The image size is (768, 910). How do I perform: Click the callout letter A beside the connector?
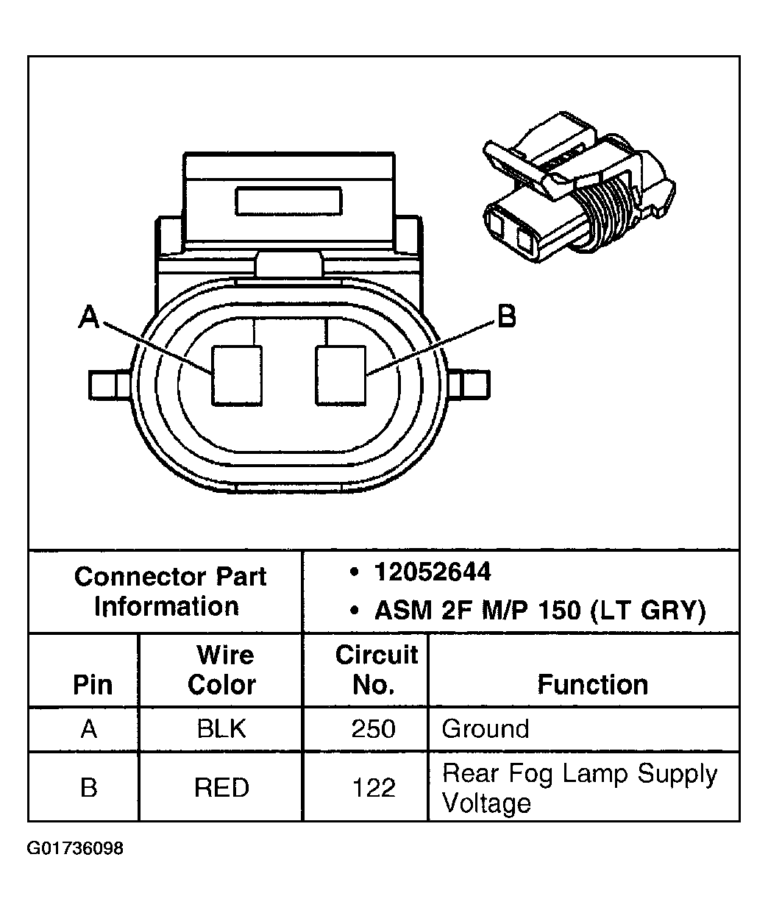[89, 317]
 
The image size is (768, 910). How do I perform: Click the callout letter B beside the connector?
[506, 317]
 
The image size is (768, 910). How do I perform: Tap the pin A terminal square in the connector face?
[236, 375]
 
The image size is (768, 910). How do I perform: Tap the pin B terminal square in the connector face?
[341, 375]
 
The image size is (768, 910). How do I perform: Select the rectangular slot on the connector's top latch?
[288, 201]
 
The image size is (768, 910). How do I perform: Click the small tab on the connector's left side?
[107, 384]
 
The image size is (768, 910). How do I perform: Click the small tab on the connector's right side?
[472, 384]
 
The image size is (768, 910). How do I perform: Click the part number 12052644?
[432, 572]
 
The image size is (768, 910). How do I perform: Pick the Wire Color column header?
[221, 669]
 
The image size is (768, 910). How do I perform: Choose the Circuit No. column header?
[375, 669]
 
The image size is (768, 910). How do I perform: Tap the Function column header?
[592, 684]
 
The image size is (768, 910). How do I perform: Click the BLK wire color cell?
[221, 729]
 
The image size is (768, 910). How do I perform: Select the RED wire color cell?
[221, 787]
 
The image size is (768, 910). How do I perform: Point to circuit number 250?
[374, 729]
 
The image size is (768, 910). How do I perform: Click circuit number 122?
[374, 788]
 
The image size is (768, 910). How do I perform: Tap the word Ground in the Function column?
[485, 729]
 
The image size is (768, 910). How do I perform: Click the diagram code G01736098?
[75, 848]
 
